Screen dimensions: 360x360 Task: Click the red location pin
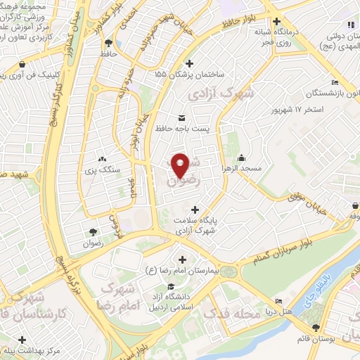click(180, 164)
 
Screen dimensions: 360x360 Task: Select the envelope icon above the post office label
click(181, 117)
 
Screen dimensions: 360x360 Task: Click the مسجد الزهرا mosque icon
click(242, 157)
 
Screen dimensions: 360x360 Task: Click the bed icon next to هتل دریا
click(279, 301)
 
